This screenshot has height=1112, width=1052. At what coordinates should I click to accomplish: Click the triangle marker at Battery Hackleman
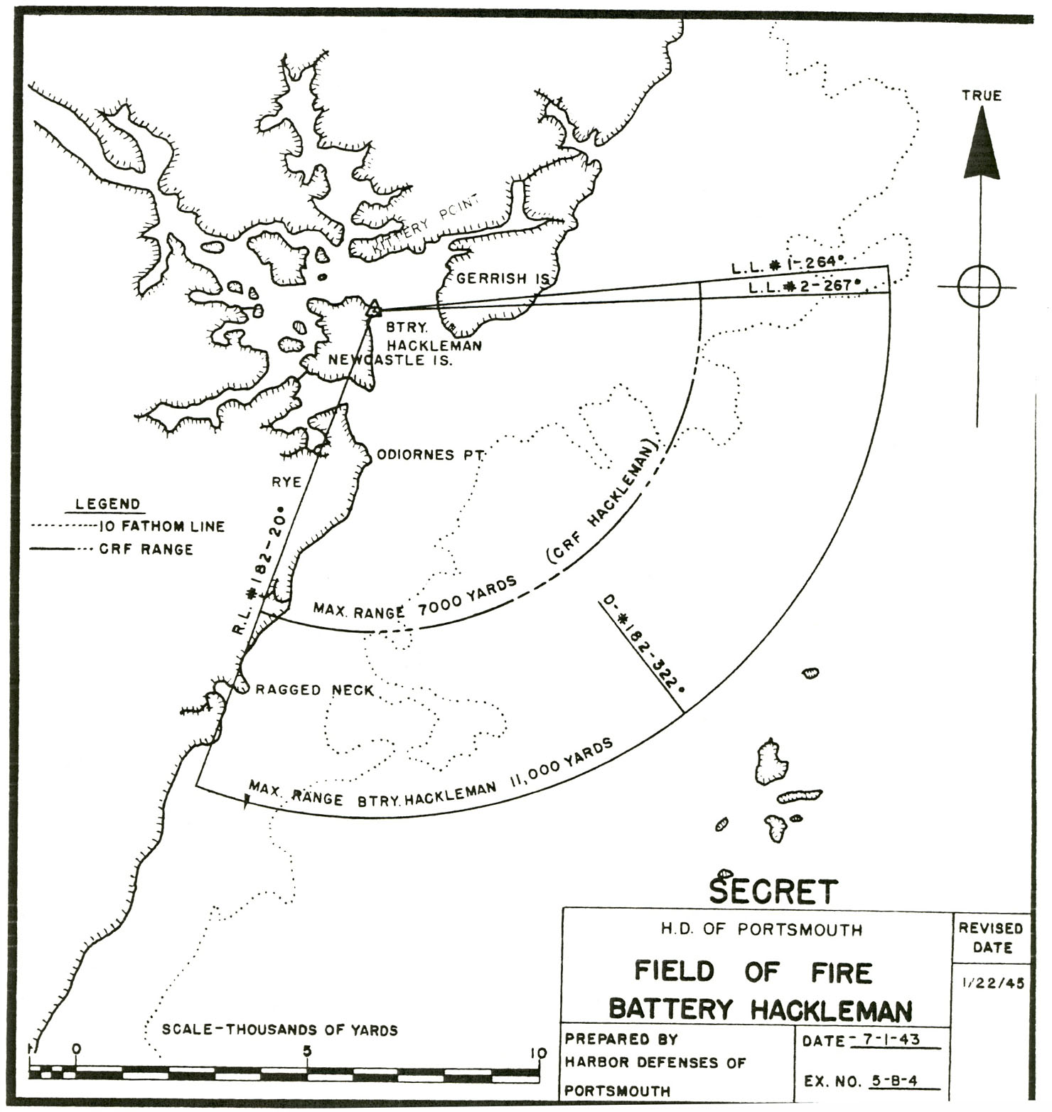[374, 309]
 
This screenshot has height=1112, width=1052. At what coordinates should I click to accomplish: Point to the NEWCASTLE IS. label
[390, 360]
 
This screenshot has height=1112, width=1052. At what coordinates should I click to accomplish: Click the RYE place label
[286, 483]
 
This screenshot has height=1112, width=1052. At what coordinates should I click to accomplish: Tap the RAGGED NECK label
[314, 690]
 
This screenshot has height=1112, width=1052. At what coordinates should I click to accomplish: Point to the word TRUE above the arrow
[982, 95]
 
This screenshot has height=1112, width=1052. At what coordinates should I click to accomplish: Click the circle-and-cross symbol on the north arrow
[979, 287]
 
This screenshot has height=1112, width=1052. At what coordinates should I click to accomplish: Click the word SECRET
[773, 891]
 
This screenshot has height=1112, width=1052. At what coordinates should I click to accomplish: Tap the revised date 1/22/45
[992, 984]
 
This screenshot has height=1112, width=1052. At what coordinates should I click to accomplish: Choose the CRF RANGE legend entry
[146, 550]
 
